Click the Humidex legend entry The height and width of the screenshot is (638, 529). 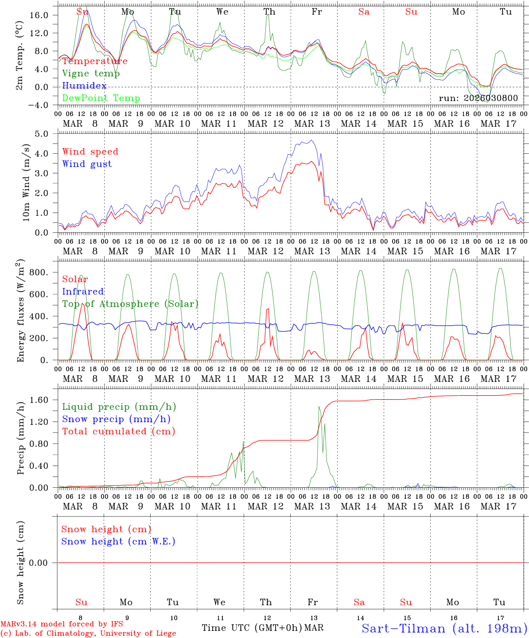point(84,86)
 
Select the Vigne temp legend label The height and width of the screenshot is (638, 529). point(91,73)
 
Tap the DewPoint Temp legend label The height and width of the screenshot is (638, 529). point(101,98)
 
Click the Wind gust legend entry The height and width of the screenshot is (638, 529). point(87,164)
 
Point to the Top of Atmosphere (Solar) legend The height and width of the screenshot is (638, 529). point(130,304)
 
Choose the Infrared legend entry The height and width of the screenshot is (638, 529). point(83,292)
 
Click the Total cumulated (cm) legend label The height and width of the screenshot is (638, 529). point(118,431)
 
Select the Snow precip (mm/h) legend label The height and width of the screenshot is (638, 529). point(116,419)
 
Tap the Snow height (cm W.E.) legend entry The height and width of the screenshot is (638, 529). point(118,541)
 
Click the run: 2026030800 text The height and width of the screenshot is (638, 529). point(478,98)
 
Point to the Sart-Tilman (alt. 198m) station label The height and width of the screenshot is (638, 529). point(444,628)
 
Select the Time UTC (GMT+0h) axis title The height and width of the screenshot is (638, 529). point(252,628)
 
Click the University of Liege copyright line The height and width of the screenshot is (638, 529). point(88,633)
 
